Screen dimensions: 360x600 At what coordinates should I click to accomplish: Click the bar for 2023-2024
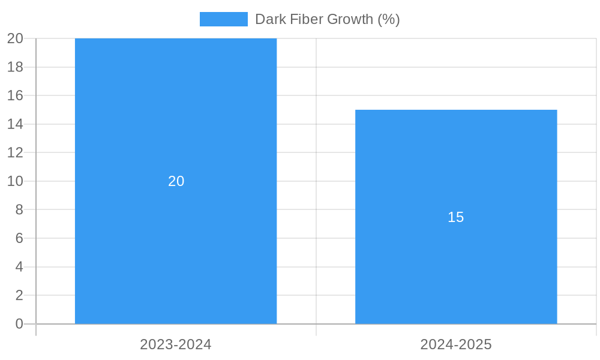coord(176,120)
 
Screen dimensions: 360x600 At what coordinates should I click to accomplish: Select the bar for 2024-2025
coord(456,270)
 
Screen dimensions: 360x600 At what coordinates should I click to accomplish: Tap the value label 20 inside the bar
coord(176,181)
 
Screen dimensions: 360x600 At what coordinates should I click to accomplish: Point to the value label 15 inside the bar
coord(456,217)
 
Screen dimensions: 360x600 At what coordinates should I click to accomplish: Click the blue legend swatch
coord(223,19)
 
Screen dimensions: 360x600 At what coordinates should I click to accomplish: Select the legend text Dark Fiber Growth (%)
coord(327,19)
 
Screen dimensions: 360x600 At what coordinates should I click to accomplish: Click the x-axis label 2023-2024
coord(176,344)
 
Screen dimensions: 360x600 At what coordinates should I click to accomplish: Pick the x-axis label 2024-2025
coord(456,344)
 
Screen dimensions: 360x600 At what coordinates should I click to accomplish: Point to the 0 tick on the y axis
coord(19,324)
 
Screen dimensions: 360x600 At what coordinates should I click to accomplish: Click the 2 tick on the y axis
coord(19,295)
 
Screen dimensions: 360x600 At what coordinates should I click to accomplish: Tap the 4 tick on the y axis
coord(19,267)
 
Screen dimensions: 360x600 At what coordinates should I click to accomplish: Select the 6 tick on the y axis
coord(19,238)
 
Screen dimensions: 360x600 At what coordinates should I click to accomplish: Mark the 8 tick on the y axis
coord(19,209)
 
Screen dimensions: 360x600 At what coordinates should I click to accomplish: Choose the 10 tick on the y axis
coord(16,181)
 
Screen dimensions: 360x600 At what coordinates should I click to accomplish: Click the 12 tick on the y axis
coord(16,152)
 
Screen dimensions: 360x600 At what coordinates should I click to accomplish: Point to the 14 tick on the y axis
coord(16,124)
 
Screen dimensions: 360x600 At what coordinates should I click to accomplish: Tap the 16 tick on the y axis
coord(16,95)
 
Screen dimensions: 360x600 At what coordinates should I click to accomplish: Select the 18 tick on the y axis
coord(16,67)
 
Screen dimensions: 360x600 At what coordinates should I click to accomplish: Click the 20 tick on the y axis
coord(16,38)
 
